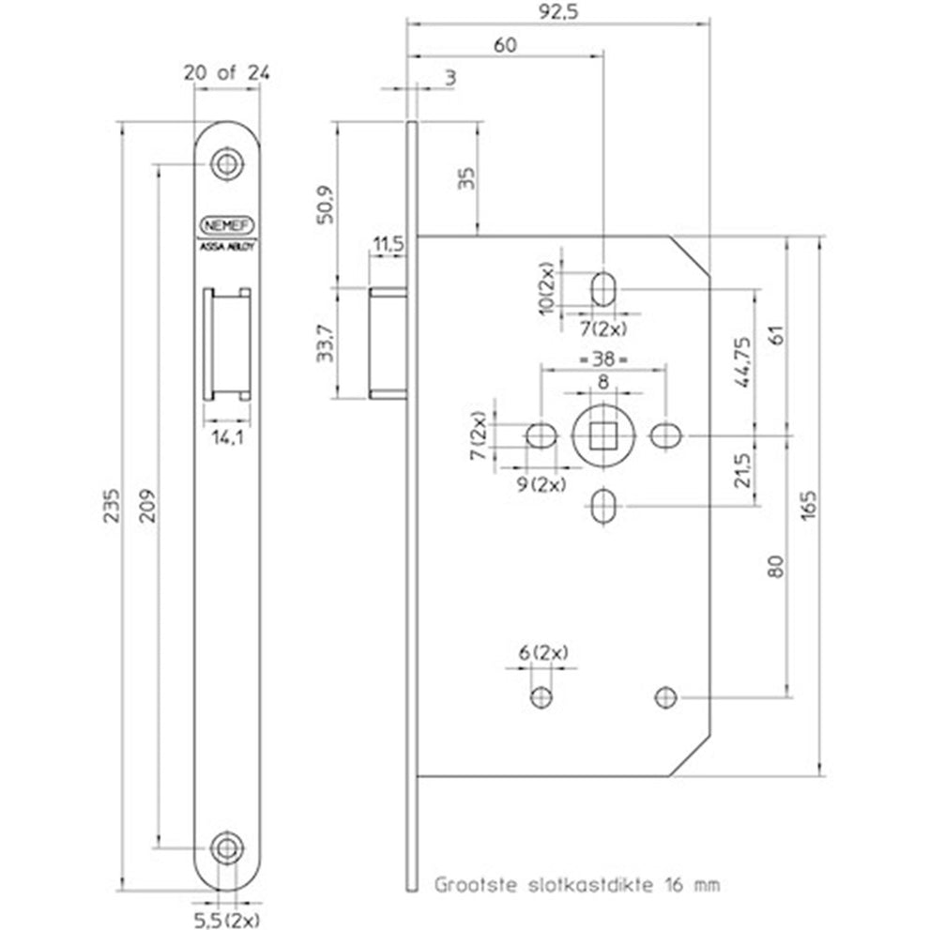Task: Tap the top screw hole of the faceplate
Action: [225, 164]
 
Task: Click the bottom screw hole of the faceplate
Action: [225, 846]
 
